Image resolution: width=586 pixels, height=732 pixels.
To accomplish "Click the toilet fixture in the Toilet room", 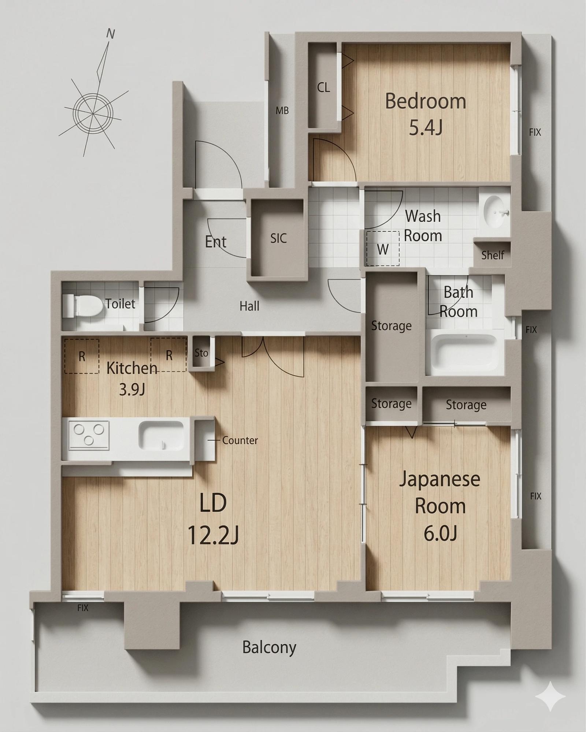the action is click(82, 306).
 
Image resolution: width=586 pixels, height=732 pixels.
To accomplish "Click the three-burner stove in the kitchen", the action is click(89, 435).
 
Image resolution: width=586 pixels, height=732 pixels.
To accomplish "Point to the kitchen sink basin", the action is click(161, 436).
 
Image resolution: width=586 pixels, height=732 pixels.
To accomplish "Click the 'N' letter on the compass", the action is click(110, 34).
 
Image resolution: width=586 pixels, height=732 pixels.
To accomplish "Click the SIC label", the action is click(278, 238).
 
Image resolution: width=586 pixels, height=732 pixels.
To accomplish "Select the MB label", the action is click(282, 110).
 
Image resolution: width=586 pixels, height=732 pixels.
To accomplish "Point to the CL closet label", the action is click(323, 88).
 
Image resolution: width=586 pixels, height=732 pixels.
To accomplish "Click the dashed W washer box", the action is click(383, 248).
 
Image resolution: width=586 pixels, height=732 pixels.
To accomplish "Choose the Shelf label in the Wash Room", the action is click(493, 255).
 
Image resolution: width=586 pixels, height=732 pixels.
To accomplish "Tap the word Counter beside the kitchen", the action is click(240, 440).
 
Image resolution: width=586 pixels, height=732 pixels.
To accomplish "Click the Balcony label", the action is click(269, 647).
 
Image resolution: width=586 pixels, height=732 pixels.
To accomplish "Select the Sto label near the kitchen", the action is click(201, 353).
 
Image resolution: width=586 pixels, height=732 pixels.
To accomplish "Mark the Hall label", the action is click(249, 306).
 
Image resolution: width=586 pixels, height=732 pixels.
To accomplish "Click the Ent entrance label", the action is click(216, 242).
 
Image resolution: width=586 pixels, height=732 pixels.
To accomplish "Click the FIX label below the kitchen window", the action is click(83, 608).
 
